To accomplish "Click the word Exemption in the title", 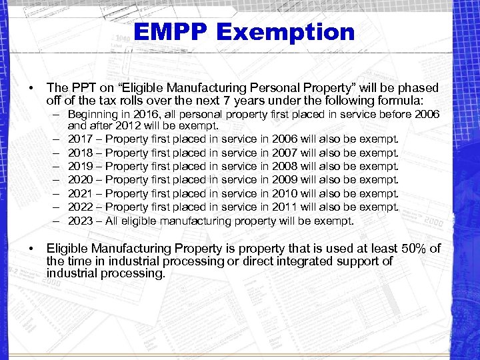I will [291, 31].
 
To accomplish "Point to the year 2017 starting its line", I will [80, 139].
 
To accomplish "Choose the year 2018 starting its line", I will [80, 153].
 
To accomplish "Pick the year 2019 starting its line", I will [80, 166].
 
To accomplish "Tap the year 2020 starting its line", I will [80, 179].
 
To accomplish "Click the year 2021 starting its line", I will [80, 193].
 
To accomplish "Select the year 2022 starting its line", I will [80, 207].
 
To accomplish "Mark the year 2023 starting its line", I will [80, 220].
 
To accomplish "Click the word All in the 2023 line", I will [113, 220].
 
